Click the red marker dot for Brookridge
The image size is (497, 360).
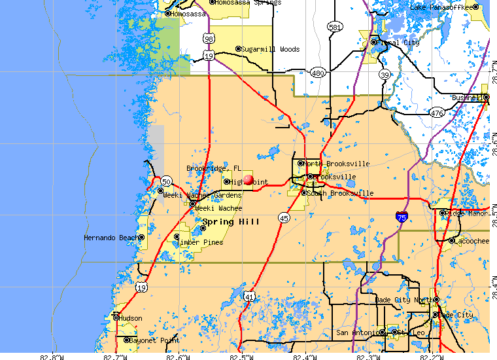(248, 179)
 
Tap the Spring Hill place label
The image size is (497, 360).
(231, 222)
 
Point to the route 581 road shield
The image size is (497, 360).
(335, 27)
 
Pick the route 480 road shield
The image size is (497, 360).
(318, 73)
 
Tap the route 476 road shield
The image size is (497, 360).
(437, 113)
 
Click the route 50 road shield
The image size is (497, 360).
(167, 181)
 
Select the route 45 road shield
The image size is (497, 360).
(283, 218)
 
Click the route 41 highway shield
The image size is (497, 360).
(249, 297)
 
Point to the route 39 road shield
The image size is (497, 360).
(386, 75)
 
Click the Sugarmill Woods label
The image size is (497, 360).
(270, 49)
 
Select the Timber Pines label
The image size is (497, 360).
(203, 242)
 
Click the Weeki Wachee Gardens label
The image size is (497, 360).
(202, 195)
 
